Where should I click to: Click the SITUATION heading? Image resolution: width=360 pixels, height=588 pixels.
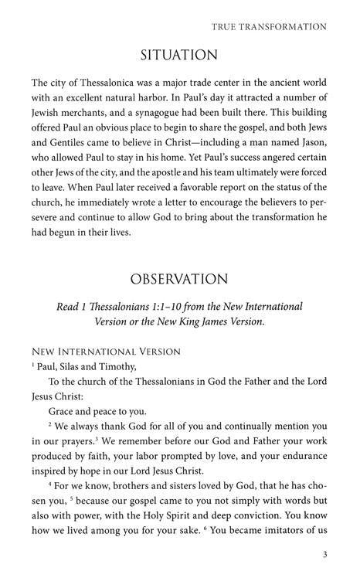pos(179,55)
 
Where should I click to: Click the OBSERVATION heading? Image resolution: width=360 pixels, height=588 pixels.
pos(179,278)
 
